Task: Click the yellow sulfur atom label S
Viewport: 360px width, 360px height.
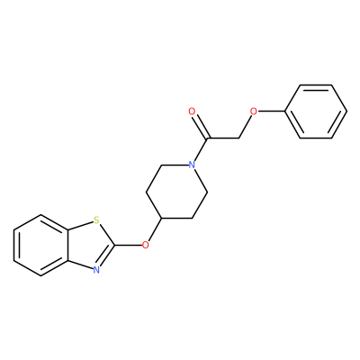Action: pyautogui.click(x=96, y=220)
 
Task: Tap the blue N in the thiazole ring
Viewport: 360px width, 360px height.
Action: pyautogui.click(x=96, y=270)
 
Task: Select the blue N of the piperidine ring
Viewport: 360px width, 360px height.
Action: pyautogui.click(x=192, y=165)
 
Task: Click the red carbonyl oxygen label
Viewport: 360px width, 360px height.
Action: pyautogui.click(x=192, y=112)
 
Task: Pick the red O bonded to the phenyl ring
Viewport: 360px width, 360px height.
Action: pyautogui.click(x=254, y=112)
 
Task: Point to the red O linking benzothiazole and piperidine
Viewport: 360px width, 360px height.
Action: pyautogui.click(x=146, y=245)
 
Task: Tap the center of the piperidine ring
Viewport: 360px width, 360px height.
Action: pyautogui.click(x=176, y=192)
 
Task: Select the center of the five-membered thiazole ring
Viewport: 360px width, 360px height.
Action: pyautogui.click(x=90, y=246)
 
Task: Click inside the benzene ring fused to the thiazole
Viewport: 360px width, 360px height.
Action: pyautogui.click(x=41, y=245)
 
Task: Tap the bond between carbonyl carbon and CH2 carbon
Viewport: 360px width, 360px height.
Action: pyautogui.click(x=223, y=139)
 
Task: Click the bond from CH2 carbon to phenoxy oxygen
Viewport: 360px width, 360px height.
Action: pyautogui.click(x=245, y=127)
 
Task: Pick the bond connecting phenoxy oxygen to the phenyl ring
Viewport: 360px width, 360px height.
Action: pyautogui.click(x=271, y=112)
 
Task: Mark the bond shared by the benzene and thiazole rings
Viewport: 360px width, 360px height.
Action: pyautogui.click(x=67, y=245)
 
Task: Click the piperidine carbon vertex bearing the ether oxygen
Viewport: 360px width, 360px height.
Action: pyautogui.click(x=161, y=219)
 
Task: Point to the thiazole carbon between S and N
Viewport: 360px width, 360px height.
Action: pyautogui.click(x=114, y=245)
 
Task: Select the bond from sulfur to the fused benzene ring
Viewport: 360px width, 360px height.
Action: pyautogui.click(x=80, y=226)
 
